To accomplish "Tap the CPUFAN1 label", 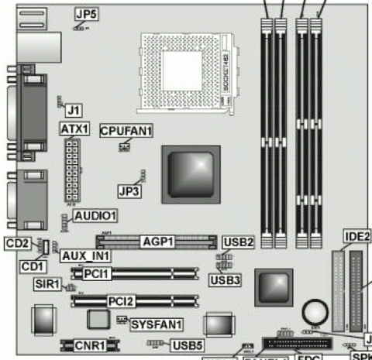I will [126, 131].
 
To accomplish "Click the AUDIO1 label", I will [95, 214].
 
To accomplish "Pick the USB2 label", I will [238, 242].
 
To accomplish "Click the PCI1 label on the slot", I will [99, 273].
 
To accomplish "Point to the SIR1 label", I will [48, 285].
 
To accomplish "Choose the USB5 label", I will [188, 345].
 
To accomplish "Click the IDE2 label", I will [353, 236].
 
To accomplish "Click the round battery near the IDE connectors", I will [314, 313].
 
